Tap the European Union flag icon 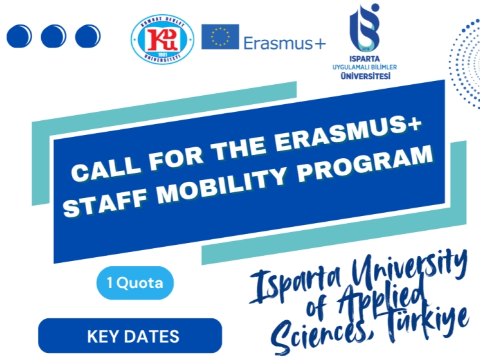(220, 37)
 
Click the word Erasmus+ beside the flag (284, 42)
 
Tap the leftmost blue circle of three (19, 36)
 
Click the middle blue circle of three (53, 36)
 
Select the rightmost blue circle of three (88, 36)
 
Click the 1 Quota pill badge (135, 282)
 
